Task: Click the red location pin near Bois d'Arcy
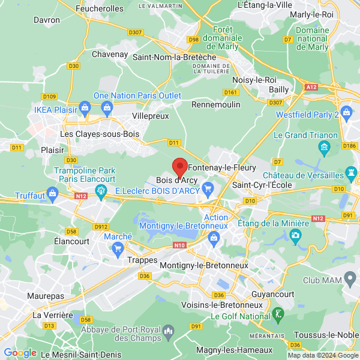click(x=179, y=167)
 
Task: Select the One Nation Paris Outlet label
click(x=137, y=95)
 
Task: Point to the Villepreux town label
click(x=150, y=115)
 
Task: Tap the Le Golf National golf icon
click(x=278, y=313)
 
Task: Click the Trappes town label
click(x=143, y=262)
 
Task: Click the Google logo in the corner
click(x=20, y=353)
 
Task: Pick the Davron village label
click(x=47, y=20)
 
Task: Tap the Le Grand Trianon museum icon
click(x=325, y=147)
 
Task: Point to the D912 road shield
click(x=100, y=226)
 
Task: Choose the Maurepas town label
click(x=46, y=296)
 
